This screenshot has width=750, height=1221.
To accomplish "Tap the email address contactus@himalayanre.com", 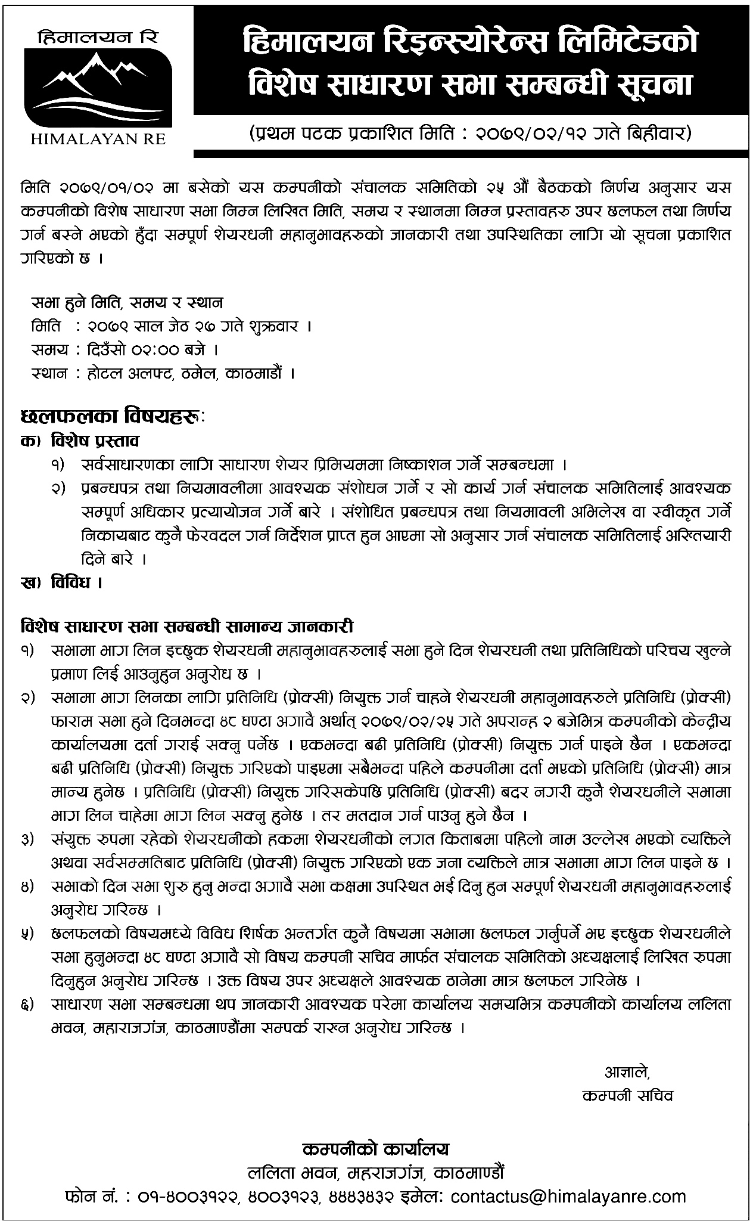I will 569,1196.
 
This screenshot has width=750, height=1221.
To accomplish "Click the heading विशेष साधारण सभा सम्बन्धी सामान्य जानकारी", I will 187,627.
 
